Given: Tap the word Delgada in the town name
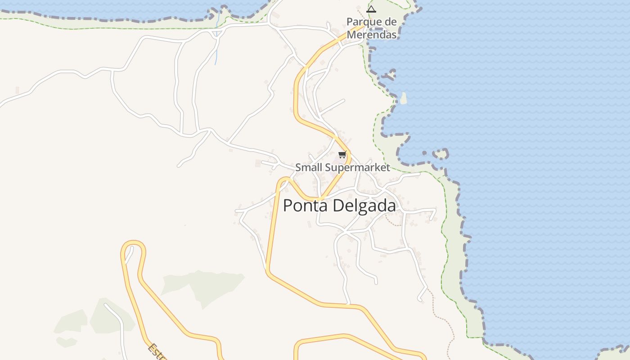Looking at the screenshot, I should (x=364, y=206).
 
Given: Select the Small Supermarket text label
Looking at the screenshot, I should (x=342, y=167).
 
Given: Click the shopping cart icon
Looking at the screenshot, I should (x=342, y=155).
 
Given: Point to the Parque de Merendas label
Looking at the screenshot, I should (x=372, y=28).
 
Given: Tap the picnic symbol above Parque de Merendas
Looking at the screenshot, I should (x=371, y=9).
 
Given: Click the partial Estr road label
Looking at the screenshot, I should (x=157, y=352).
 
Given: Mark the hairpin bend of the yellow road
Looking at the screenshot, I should (x=133, y=245).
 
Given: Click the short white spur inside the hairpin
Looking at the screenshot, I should (x=129, y=255).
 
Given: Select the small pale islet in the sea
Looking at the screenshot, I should (x=403, y=98).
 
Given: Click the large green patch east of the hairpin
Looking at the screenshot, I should (x=202, y=286).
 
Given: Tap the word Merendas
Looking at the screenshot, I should (x=372, y=34).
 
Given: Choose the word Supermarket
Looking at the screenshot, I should (x=357, y=167).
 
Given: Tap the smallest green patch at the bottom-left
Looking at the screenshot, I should (x=66, y=342).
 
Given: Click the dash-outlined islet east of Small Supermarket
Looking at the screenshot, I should (x=441, y=154).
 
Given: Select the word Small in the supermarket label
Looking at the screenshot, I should (x=309, y=167).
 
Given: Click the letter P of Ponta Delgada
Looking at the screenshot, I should (x=288, y=206).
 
